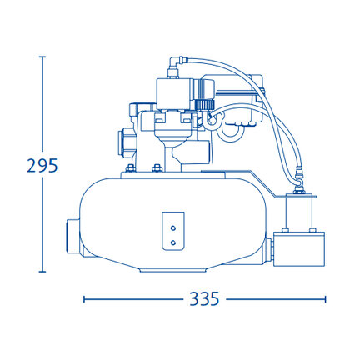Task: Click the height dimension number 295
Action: [x=42, y=166]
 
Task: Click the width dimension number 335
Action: [x=204, y=299]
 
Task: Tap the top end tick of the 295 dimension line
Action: [x=42, y=57]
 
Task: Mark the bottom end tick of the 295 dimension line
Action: [x=42, y=272]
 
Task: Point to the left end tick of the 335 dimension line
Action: [x=84, y=299]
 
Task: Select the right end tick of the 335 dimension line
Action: [x=325, y=299]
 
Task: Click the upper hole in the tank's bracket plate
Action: [x=173, y=228]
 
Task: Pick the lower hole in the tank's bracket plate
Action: [x=173, y=242]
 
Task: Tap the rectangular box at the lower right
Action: [x=299, y=249]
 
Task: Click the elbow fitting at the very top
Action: [x=176, y=62]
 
